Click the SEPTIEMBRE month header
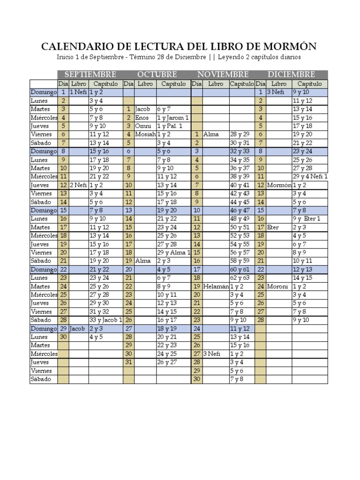pyautogui.click(x=90, y=75)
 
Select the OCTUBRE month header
pyautogui.click(x=157, y=75)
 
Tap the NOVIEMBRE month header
pyautogui.click(x=223, y=75)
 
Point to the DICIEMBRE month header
pyautogui.click(x=291, y=75)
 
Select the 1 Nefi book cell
pyautogui.click(x=78, y=92)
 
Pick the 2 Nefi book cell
pyautogui.click(x=78, y=185)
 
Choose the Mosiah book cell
pyautogui.click(x=145, y=135)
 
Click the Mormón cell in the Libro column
pyautogui.click(x=279, y=185)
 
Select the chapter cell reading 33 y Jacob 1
pyautogui.click(x=105, y=320)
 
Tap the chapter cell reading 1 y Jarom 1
pyautogui.click(x=173, y=118)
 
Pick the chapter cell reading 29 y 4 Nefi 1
pyautogui.click(x=310, y=177)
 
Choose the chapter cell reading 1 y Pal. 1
pyautogui.click(x=170, y=126)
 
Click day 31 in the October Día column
pyautogui.click(x=129, y=362)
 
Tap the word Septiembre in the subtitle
pyautogui.click(x=100, y=57)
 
